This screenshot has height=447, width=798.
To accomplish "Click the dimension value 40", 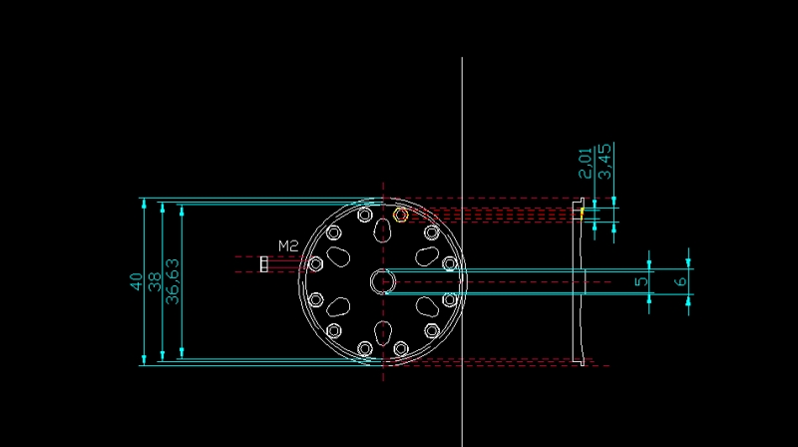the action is point(136,281).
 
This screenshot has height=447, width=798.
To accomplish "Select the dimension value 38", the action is point(155,281).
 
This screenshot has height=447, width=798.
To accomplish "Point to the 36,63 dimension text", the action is point(173,281).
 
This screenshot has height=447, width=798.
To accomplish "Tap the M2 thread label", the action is point(288,246).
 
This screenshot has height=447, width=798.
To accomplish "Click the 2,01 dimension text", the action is point(587,163).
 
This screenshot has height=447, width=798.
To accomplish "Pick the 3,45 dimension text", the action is point(605,162).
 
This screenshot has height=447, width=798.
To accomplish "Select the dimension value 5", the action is point(642,281).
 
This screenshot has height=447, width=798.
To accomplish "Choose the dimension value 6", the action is point(681,281).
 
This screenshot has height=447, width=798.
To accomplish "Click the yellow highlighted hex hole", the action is point(401,215).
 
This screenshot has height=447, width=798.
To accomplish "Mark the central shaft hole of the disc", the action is point(383,281).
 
